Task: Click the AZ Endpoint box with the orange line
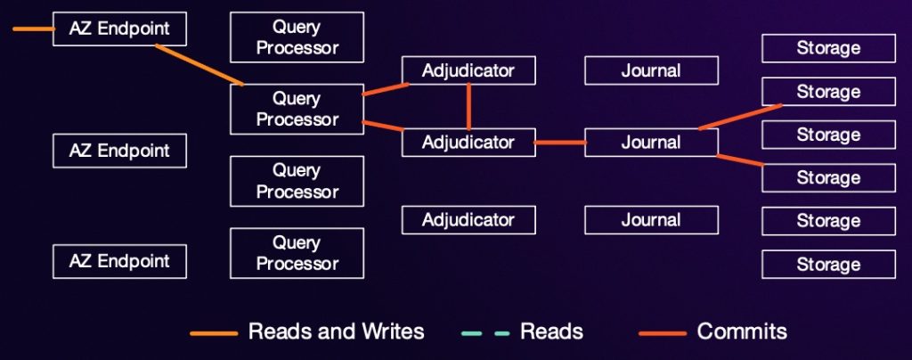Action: pyautogui.click(x=119, y=29)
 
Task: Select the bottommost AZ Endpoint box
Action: pyautogui.click(x=119, y=261)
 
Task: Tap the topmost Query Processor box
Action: pyautogui.click(x=297, y=37)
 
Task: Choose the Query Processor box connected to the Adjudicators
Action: pyautogui.click(x=297, y=109)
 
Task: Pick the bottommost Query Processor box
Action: pyautogui.click(x=297, y=253)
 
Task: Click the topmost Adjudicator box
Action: pyautogui.click(x=468, y=70)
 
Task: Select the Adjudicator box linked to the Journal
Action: pyautogui.click(x=468, y=142)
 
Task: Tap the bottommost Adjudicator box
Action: pyautogui.click(x=468, y=219)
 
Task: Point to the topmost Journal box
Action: pyautogui.click(x=651, y=70)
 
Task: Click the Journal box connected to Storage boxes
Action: pyautogui.click(x=651, y=142)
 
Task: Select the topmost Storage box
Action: pyautogui.click(x=828, y=48)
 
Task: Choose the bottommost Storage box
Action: pyautogui.click(x=828, y=265)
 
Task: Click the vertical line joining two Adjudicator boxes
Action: pyautogui.click(x=468, y=107)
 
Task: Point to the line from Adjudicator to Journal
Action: pyautogui.click(x=559, y=142)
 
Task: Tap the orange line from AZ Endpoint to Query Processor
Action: pyautogui.click(x=199, y=64)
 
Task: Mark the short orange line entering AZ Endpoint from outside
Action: pyautogui.click(x=33, y=29)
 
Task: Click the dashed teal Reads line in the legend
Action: pyautogui.click(x=485, y=333)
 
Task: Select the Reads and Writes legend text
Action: pyautogui.click(x=336, y=332)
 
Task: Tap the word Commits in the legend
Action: pyautogui.click(x=742, y=332)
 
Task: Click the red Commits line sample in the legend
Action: pyautogui.click(x=663, y=333)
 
